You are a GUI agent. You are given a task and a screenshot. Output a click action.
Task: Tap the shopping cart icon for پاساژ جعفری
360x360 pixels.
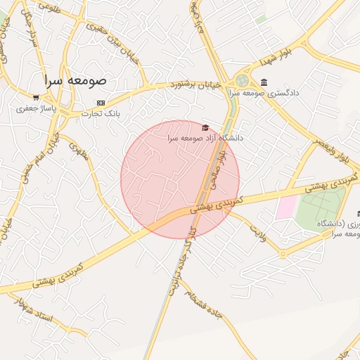pos(36,97)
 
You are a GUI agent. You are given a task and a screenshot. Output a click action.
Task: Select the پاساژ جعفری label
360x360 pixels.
pos(36,109)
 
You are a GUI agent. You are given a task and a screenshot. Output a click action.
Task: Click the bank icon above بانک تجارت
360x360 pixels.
pos(101,102)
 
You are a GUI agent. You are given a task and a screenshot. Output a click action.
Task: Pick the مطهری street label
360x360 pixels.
pos(78,151)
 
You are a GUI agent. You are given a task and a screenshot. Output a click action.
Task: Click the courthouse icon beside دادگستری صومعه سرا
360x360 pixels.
pos(264,82)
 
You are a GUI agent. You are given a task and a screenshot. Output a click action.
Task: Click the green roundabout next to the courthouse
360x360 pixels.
pos(243,81)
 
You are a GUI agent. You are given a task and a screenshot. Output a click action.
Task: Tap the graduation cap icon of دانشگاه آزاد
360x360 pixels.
pos(205,127)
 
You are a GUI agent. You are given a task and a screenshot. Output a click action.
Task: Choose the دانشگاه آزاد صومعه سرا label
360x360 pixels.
pos(205,139)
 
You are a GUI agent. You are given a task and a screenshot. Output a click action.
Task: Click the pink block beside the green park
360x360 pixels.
pos(286,207)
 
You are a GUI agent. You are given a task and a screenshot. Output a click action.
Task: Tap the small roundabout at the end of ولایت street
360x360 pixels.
pos(283,254)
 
